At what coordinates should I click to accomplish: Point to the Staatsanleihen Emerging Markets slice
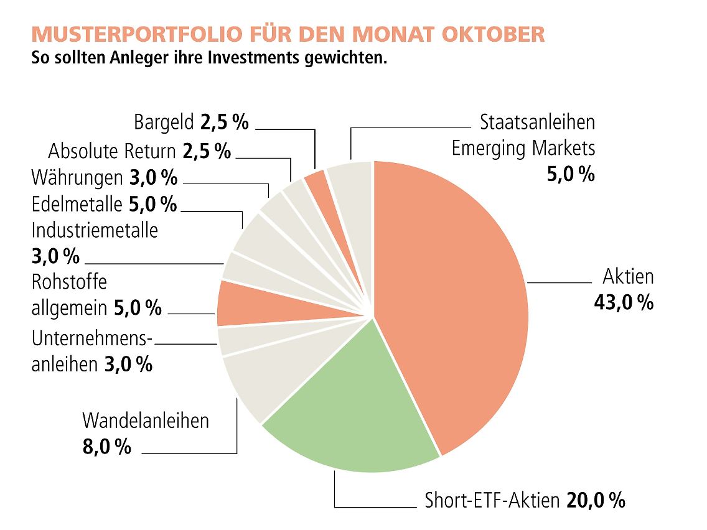pyautogui.click(x=352, y=174)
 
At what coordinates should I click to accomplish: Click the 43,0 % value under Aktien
pyautogui.click(x=623, y=303)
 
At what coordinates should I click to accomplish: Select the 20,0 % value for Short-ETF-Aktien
pyautogui.click(x=595, y=500)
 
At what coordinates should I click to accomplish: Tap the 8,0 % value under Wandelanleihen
pyautogui.click(x=107, y=447)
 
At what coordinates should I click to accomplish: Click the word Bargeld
pyautogui.click(x=164, y=122)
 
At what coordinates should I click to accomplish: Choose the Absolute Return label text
pyautogui.click(x=113, y=151)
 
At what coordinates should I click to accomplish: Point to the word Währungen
pyautogui.click(x=77, y=178)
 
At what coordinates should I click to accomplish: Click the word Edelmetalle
pyautogui.click(x=77, y=204)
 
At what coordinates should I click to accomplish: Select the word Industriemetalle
pyautogui.click(x=95, y=230)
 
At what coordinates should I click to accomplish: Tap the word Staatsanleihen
pyautogui.click(x=537, y=122)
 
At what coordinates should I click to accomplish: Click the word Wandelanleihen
pyautogui.click(x=146, y=421)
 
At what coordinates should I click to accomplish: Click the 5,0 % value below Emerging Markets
pyautogui.click(x=571, y=174)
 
